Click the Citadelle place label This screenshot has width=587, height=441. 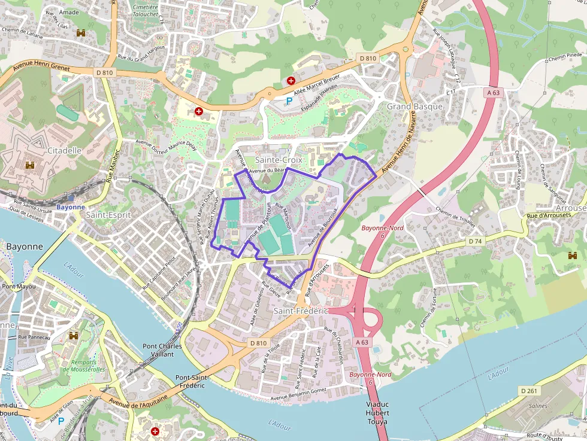point(64,151)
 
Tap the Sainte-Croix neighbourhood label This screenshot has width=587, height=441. point(279,160)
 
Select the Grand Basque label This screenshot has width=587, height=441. point(414,107)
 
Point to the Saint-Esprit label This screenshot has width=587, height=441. point(108,215)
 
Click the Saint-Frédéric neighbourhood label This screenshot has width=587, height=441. point(301,311)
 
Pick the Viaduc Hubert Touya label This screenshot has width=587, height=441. point(377,413)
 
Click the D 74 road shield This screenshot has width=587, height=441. point(475,241)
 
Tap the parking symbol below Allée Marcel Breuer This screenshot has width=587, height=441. point(289,101)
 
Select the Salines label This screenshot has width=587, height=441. point(538,406)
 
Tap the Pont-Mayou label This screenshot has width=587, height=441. point(19,286)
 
